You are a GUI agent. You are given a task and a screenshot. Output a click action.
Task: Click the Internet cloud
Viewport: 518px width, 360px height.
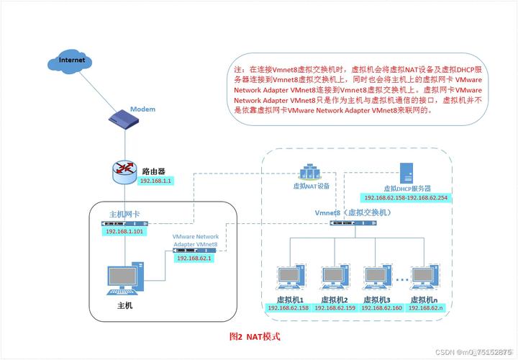tap(71, 60)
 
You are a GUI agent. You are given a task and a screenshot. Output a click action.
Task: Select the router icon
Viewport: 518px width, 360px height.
tap(124, 170)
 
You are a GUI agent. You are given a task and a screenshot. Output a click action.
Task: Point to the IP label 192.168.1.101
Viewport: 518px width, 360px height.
tap(125, 232)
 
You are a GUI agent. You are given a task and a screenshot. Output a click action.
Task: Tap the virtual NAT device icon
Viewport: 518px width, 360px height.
tap(311, 172)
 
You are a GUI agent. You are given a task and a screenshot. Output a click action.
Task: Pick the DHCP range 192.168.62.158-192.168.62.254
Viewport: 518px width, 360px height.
tap(406, 198)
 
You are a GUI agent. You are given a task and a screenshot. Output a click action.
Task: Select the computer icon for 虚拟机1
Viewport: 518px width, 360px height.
tap(291, 279)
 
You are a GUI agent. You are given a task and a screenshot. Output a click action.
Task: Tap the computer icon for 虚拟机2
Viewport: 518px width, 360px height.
tap(334, 279)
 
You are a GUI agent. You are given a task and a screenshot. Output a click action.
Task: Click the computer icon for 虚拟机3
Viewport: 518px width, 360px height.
tap(376, 279)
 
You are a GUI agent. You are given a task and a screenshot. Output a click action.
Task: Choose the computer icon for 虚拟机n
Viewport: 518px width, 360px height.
tap(424, 279)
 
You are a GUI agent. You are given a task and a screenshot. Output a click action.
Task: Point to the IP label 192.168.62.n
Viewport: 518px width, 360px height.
tap(426, 308)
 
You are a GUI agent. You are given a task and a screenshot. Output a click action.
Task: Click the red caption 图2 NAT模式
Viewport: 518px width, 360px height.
tap(254, 336)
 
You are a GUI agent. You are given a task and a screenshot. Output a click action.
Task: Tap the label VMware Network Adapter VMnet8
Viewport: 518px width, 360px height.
tap(195, 240)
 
